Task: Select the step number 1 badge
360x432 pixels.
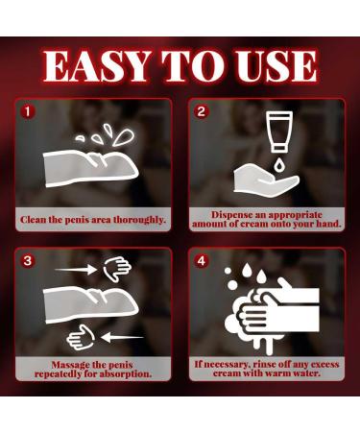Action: coord(28,111)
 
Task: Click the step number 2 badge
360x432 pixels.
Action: coord(202,111)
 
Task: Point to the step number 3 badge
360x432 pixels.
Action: coord(28,261)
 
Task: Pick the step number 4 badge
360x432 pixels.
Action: coord(202,261)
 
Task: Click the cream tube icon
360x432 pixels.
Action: coord(279,132)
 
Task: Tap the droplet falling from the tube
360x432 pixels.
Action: coord(279,165)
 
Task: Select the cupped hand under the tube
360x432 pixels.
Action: coord(266,180)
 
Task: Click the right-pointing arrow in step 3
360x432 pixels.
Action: coord(76,270)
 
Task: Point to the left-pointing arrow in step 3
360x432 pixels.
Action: coord(122,337)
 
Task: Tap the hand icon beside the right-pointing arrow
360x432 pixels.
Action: coord(117,269)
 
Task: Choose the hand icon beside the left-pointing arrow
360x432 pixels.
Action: coord(81,337)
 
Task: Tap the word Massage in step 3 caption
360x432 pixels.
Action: coord(70,365)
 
